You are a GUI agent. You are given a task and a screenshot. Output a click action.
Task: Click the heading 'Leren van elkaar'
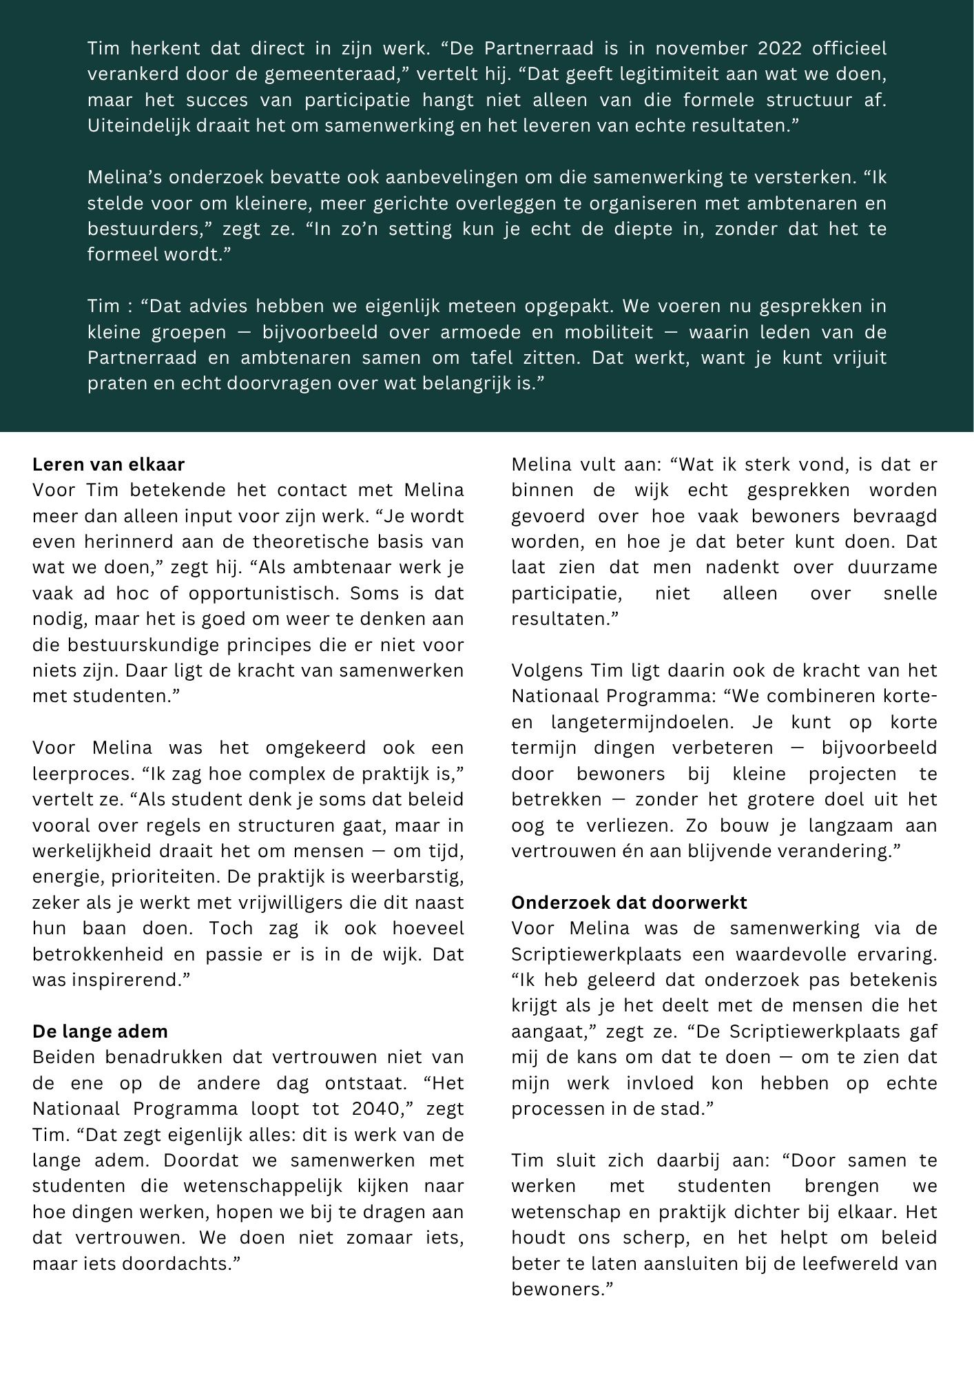(108, 464)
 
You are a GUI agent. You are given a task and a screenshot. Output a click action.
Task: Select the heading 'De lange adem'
(100, 1031)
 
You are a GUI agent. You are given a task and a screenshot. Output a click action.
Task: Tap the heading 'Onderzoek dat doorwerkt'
(629, 903)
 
